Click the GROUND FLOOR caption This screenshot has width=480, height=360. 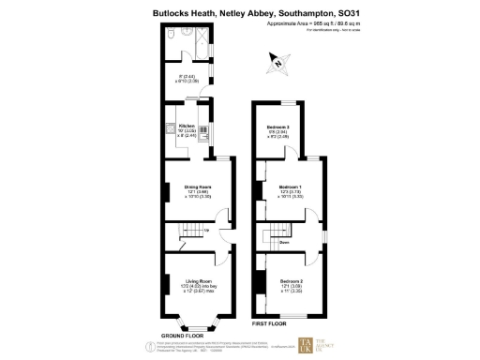click(183, 335)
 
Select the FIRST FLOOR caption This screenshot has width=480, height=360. click(270, 323)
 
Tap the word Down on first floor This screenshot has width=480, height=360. click(283, 242)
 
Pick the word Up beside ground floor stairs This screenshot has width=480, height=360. click(208, 230)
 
